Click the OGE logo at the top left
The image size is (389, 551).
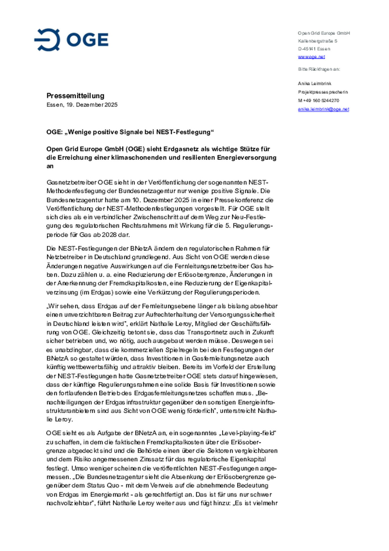click(x=71, y=40)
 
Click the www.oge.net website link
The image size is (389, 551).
click(x=311, y=57)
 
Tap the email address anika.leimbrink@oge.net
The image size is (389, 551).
click(x=323, y=109)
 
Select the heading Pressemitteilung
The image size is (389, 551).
click(x=75, y=96)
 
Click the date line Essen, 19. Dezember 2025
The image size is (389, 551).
click(x=82, y=105)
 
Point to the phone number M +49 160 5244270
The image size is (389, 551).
click(x=318, y=101)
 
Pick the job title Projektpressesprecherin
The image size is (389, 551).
click(x=323, y=92)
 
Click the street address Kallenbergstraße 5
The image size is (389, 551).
click(x=317, y=41)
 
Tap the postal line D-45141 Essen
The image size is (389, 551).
click(x=314, y=49)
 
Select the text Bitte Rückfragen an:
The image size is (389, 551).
click(x=319, y=69)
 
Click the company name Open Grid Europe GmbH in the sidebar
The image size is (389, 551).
click(x=324, y=33)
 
